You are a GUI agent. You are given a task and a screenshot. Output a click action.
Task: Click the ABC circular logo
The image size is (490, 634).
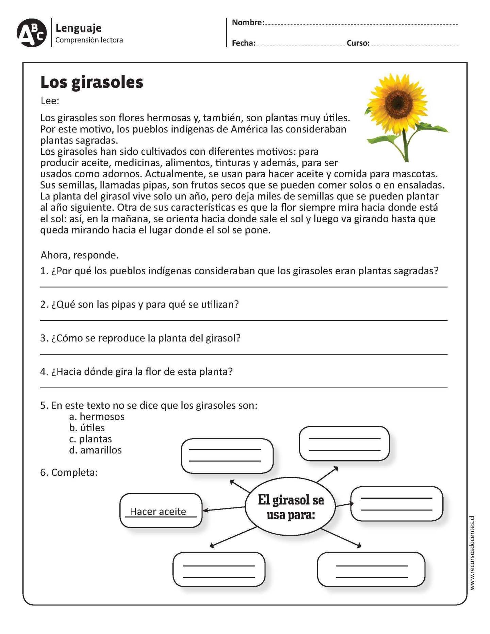pos(31,33)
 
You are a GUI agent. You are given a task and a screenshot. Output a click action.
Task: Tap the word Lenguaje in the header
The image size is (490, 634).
pos(78,28)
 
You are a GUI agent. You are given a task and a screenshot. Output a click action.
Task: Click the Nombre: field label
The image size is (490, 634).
pos(248,22)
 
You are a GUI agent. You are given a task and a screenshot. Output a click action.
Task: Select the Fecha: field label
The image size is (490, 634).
pos(243,43)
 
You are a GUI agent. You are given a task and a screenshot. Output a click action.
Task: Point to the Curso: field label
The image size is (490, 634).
pos(358,43)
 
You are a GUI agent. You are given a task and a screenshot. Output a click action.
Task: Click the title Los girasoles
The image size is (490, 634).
pos(92,82)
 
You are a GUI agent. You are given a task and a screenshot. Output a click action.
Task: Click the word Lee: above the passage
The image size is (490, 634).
pos(50,101)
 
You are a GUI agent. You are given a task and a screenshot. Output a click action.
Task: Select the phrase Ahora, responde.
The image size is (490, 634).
pos(79,255)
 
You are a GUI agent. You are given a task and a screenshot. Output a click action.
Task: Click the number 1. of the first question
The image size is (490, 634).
pos(44,271)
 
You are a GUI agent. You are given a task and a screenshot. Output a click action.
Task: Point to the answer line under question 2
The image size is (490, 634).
pos(244,320)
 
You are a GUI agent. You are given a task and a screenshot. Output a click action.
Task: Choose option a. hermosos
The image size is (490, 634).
pos(97,417)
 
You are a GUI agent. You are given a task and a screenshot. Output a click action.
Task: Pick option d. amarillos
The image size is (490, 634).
pos(95,450)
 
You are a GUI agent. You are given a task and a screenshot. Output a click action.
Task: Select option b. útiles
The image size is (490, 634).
pos(87,428)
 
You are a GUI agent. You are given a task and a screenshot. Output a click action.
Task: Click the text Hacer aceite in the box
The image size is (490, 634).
pos(158,511)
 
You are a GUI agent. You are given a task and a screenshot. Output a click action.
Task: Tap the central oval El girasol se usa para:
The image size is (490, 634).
pos(290,506)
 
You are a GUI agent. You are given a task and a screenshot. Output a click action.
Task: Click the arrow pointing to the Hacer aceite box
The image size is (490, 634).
pos(223,508)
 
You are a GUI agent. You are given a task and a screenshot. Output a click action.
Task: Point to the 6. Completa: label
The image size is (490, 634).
pos(69,472)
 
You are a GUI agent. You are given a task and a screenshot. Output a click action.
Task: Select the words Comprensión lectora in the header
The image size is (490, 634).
pos(89,40)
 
